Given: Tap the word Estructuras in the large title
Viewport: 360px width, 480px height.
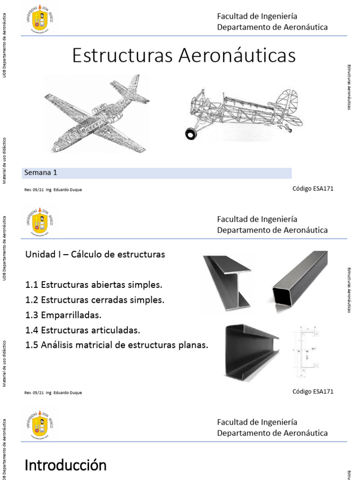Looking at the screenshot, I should tap(123, 56).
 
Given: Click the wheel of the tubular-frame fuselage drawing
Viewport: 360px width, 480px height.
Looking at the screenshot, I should tap(191, 134).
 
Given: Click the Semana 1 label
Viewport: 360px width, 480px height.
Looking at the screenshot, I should tap(40, 172).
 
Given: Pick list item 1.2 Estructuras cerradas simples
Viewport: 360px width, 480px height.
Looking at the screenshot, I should tap(95, 300).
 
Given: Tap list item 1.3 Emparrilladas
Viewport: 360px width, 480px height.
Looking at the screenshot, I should tap(63, 315).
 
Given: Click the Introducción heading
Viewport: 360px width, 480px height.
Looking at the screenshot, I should tap(65, 465).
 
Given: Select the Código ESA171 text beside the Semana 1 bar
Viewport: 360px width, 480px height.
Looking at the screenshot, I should tap(313, 188).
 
